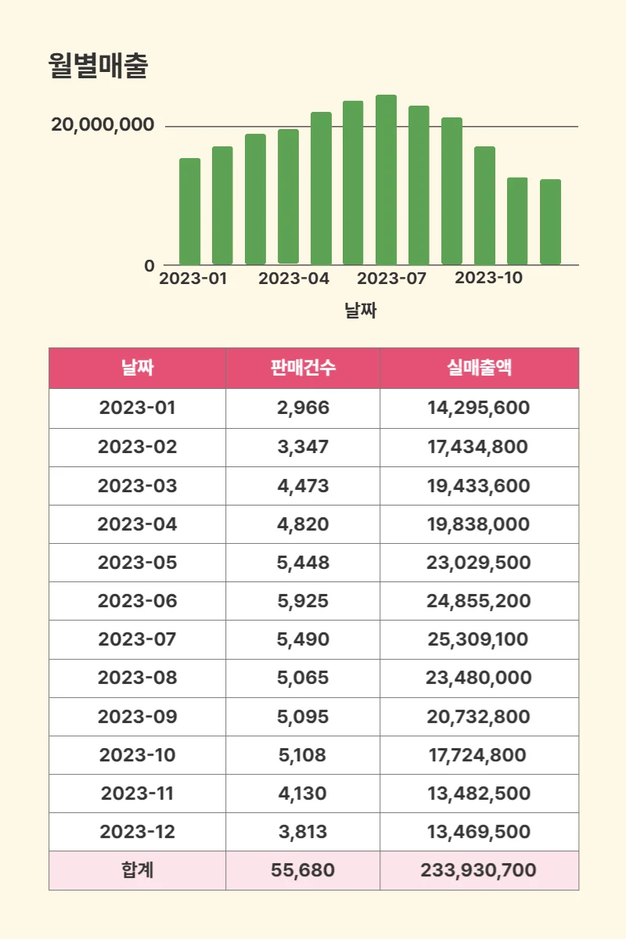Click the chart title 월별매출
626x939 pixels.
97,67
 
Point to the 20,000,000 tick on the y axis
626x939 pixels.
103,125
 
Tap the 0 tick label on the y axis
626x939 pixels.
149,266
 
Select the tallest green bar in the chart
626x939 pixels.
386,180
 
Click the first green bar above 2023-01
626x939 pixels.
189,211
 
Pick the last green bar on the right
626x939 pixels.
550,222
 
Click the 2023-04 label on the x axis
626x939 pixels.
294,279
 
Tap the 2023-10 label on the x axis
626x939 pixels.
488,278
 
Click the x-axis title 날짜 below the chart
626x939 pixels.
361,311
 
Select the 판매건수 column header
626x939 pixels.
303,368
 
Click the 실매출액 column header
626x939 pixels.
479,368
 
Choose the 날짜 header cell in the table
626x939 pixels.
137,368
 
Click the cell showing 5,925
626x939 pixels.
303,601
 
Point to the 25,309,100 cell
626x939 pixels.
478,639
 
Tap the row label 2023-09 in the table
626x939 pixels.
137,717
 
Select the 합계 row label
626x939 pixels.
137,870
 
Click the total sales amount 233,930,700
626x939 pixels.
478,870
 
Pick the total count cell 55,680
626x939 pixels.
303,870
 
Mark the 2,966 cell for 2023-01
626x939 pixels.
303,408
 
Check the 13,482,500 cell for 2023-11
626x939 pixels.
478,793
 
